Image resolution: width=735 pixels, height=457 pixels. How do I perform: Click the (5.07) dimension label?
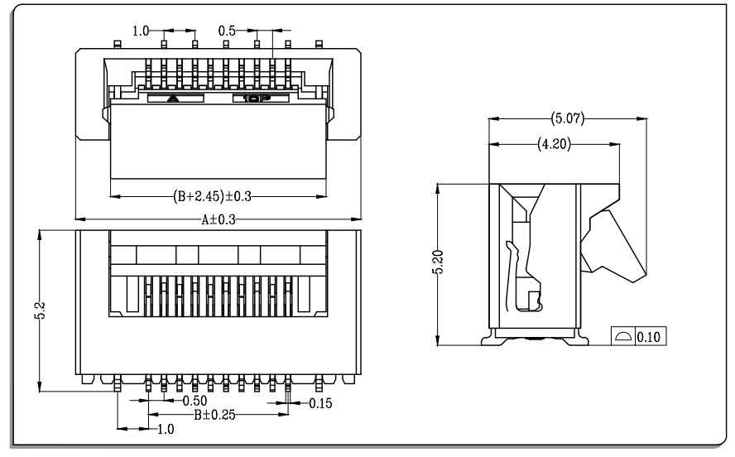[568, 118]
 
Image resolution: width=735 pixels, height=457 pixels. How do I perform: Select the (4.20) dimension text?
[554, 144]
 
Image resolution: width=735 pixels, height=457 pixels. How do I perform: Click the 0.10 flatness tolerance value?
[649, 336]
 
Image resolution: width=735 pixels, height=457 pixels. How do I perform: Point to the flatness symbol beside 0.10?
[623, 336]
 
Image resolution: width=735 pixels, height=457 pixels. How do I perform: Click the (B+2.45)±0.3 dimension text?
[212, 196]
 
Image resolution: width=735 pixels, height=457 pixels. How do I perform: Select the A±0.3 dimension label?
[219, 219]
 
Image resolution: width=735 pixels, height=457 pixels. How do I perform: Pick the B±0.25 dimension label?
[214, 415]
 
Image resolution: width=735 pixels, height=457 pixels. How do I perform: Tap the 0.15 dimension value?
[320, 403]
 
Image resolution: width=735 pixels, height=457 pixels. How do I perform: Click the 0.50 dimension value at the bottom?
[195, 401]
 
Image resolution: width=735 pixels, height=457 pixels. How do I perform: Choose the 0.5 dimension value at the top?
[227, 31]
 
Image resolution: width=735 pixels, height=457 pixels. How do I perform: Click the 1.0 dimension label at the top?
[141, 31]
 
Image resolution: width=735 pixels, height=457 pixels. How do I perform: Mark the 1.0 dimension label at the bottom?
[166, 429]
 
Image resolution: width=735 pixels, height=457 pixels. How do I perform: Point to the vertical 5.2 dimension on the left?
[41, 310]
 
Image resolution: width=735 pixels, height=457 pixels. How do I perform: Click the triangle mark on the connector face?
[173, 99]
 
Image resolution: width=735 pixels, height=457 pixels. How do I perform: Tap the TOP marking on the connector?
[257, 99]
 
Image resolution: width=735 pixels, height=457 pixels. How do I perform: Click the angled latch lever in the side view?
[615, 246]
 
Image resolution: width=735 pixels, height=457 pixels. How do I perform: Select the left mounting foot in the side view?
[489, 338]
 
